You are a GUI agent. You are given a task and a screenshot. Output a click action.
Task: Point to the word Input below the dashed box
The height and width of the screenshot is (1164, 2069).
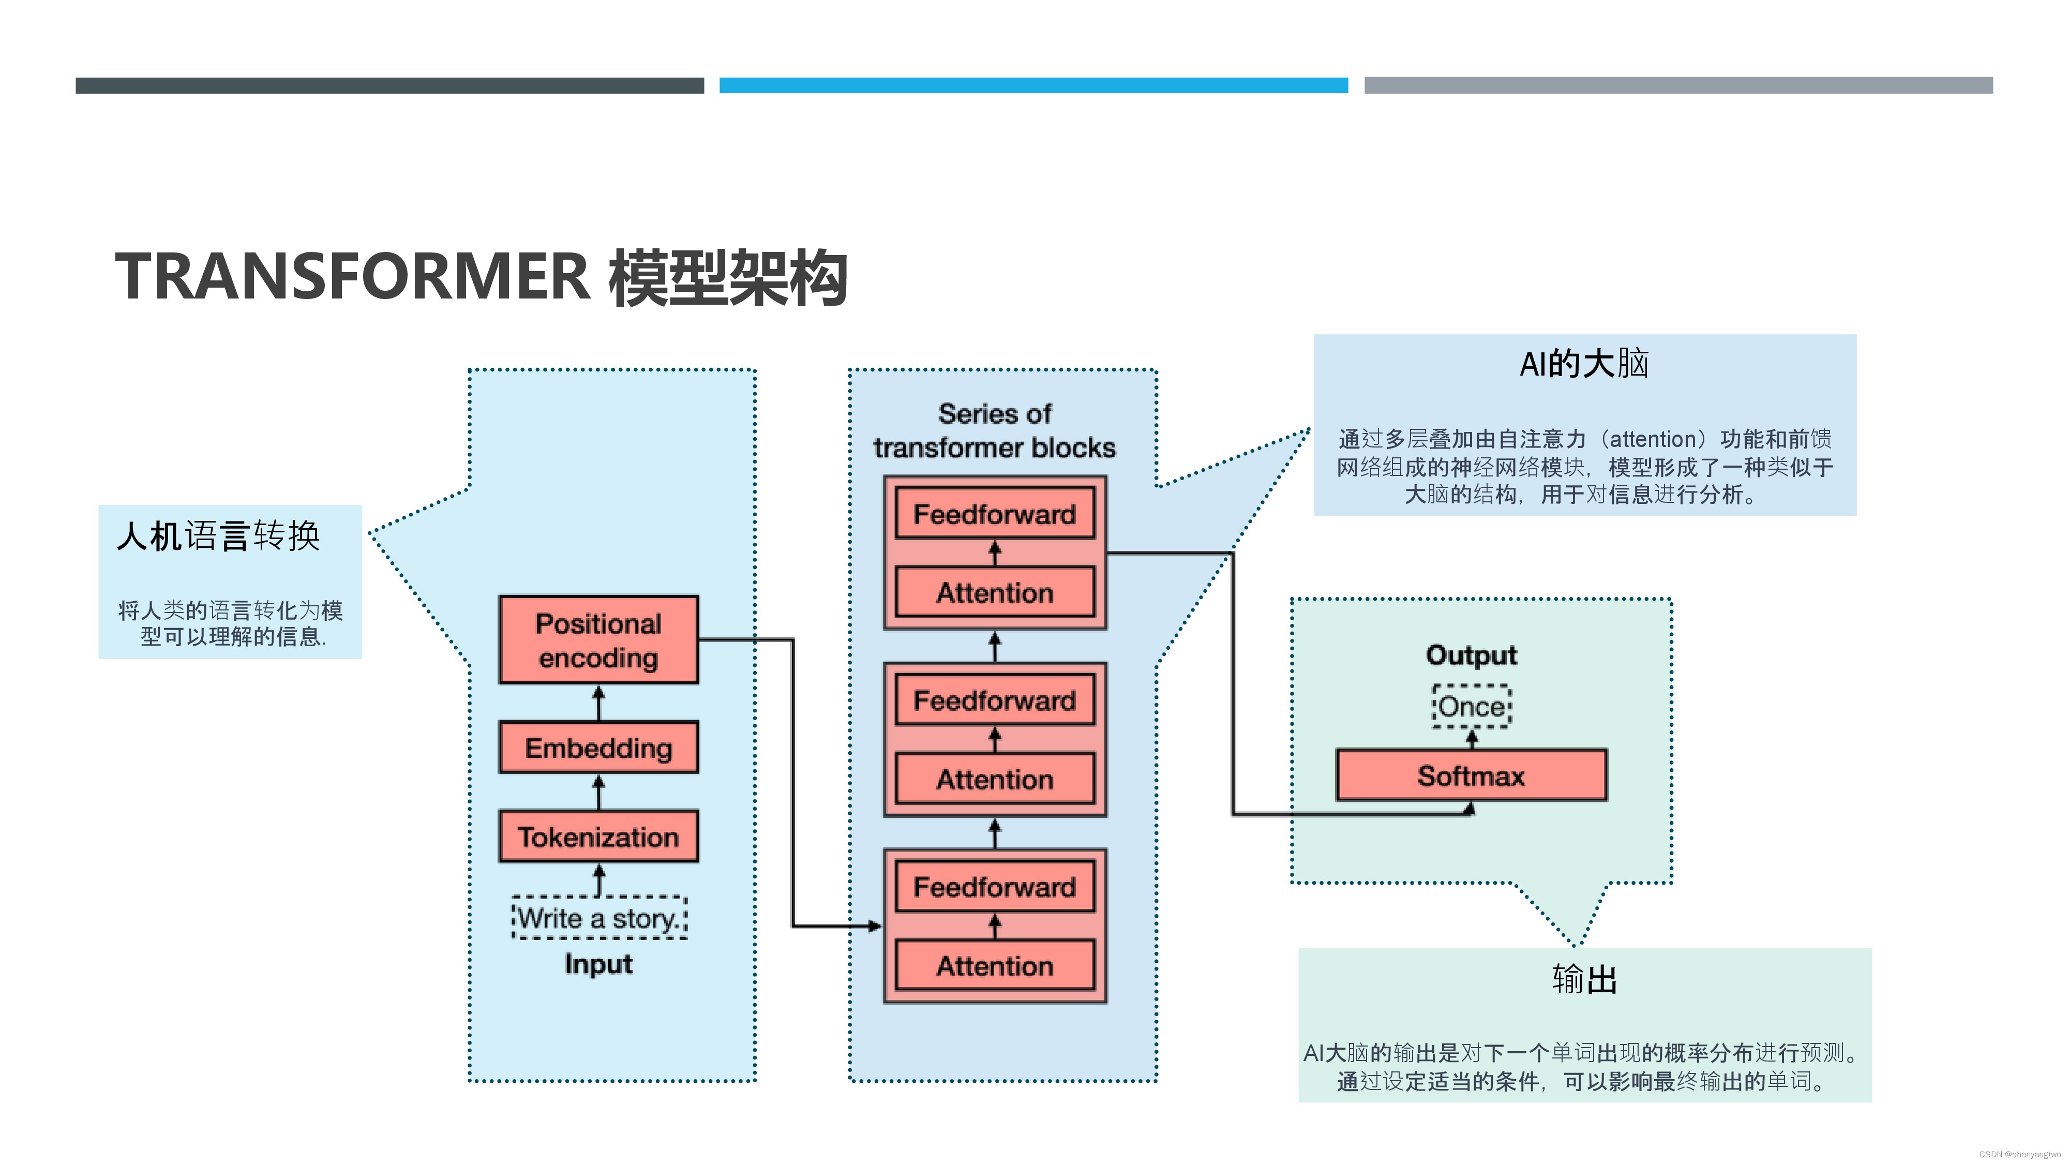[x=598, y=963]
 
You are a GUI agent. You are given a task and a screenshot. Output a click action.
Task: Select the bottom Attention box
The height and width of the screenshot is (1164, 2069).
[x=994, y=965]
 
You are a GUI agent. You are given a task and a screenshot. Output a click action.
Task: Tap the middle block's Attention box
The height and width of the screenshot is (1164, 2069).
[x=994, y=779]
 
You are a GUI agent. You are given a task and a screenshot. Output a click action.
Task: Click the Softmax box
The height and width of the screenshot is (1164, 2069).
[x=1471, y=775]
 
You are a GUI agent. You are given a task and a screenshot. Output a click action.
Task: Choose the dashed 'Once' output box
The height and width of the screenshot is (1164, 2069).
[x=1472, y=706]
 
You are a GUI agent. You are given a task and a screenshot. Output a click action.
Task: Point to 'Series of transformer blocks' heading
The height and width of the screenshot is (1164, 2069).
[x=994, y=430]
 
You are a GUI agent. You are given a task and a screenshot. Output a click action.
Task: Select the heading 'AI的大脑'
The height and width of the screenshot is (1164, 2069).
[x=1584, y=364]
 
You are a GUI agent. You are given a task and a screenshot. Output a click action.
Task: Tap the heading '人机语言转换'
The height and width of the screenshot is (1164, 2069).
[x=218, y=536]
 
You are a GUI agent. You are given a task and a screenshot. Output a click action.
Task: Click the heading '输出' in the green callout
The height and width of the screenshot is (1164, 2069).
[x=1584, y=979]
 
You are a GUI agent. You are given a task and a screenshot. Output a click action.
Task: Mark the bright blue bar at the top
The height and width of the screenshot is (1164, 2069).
[x=1033, y=85]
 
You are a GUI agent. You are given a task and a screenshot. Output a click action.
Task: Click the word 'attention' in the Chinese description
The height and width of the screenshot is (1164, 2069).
[x=1652, y=439]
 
